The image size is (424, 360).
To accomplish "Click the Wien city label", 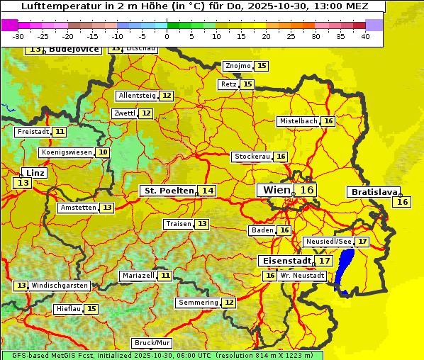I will coord(277,190).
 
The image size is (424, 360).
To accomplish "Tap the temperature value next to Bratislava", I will coord(403,202).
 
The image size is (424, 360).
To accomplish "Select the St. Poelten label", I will coord(169,191).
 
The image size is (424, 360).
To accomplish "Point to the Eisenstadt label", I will coord(284,261).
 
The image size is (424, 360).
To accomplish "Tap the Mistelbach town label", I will coord(298,121).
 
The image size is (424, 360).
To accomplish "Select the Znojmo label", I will coord(238,66).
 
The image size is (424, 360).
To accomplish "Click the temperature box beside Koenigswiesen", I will coord(103,152).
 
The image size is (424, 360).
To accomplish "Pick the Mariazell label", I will coord(138,275).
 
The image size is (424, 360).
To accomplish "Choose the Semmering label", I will coord(199,303).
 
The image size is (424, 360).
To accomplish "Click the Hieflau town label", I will coord(69,309).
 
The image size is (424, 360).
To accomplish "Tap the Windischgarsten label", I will coord(60,285).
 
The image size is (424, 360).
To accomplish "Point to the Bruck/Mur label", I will coord(152,342).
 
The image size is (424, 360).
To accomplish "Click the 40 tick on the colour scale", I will coord(364,35).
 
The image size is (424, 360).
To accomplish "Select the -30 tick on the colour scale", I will coord(18,35).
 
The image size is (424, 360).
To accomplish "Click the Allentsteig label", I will coord(137,96).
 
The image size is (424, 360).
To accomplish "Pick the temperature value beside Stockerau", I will coord(281,157).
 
